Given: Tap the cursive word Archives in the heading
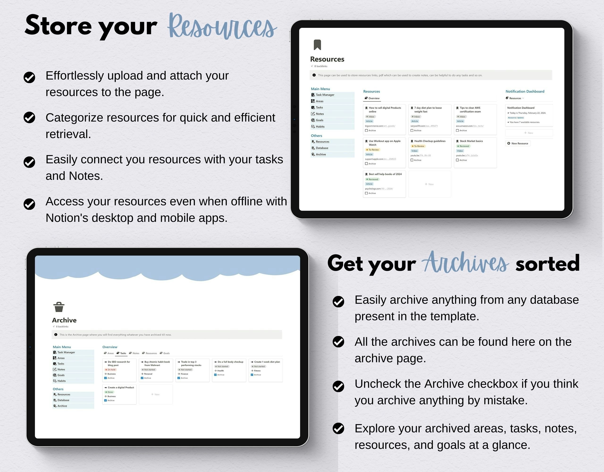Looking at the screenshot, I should point(465,263).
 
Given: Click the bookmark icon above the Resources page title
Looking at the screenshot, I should point(317,45).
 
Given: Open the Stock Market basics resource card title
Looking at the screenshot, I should point(471,141).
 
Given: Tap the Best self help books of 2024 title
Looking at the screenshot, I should point(385,174).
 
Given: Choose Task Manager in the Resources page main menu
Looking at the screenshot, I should point(325,95).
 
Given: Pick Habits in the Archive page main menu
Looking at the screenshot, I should point(61,381).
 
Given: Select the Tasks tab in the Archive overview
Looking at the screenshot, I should point(122,353).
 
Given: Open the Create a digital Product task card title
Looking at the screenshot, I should point(121,388).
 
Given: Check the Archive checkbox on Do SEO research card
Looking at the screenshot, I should point(105,378).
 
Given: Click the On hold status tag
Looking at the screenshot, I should point(111,370).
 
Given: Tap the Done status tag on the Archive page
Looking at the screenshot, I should point(109,392).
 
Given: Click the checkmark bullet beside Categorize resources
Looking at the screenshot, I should point(29,118).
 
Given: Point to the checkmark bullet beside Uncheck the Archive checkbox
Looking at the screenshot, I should point(338,386).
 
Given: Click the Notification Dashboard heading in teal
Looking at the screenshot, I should point(525,91).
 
